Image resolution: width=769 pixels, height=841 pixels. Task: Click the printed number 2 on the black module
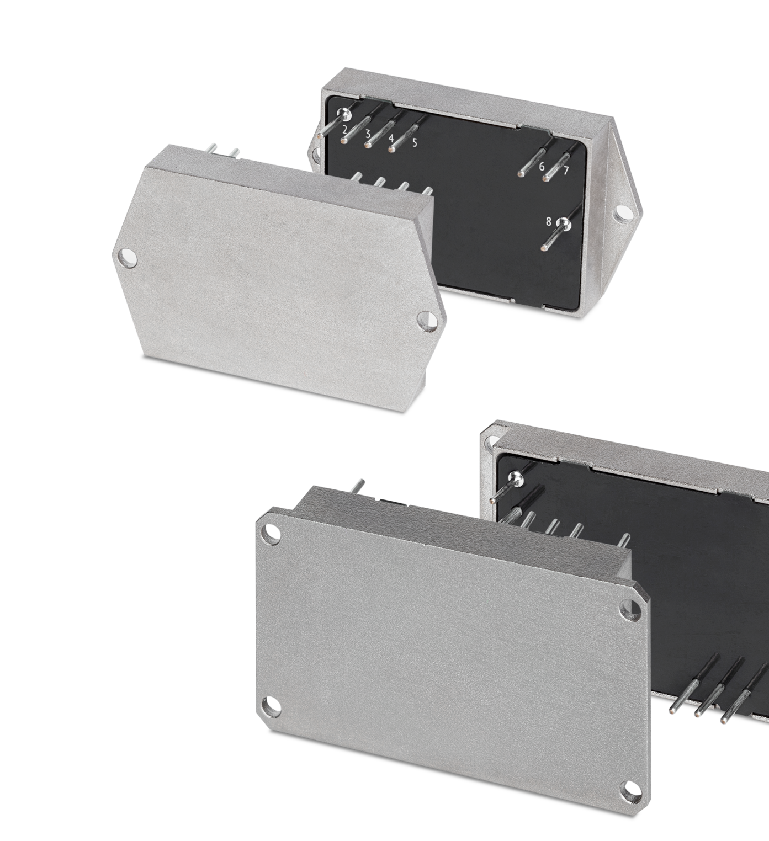pos(344,129)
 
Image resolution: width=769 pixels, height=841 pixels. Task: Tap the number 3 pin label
pos(368,135)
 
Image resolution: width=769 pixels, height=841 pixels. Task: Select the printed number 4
pos(391,139)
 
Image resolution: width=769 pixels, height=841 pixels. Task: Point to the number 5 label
pos(415,142)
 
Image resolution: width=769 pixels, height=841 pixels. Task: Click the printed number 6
pos(542,167)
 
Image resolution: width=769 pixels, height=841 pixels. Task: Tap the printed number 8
pos(549,222)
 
